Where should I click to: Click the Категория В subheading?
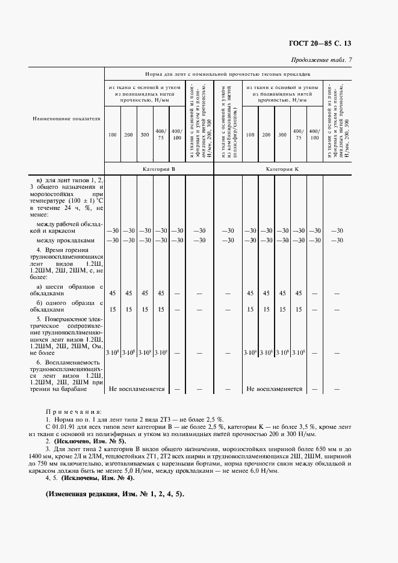(x=159, y=170)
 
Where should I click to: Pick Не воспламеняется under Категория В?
(x=137, y=389)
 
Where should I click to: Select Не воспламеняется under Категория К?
(x=274, y=389)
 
